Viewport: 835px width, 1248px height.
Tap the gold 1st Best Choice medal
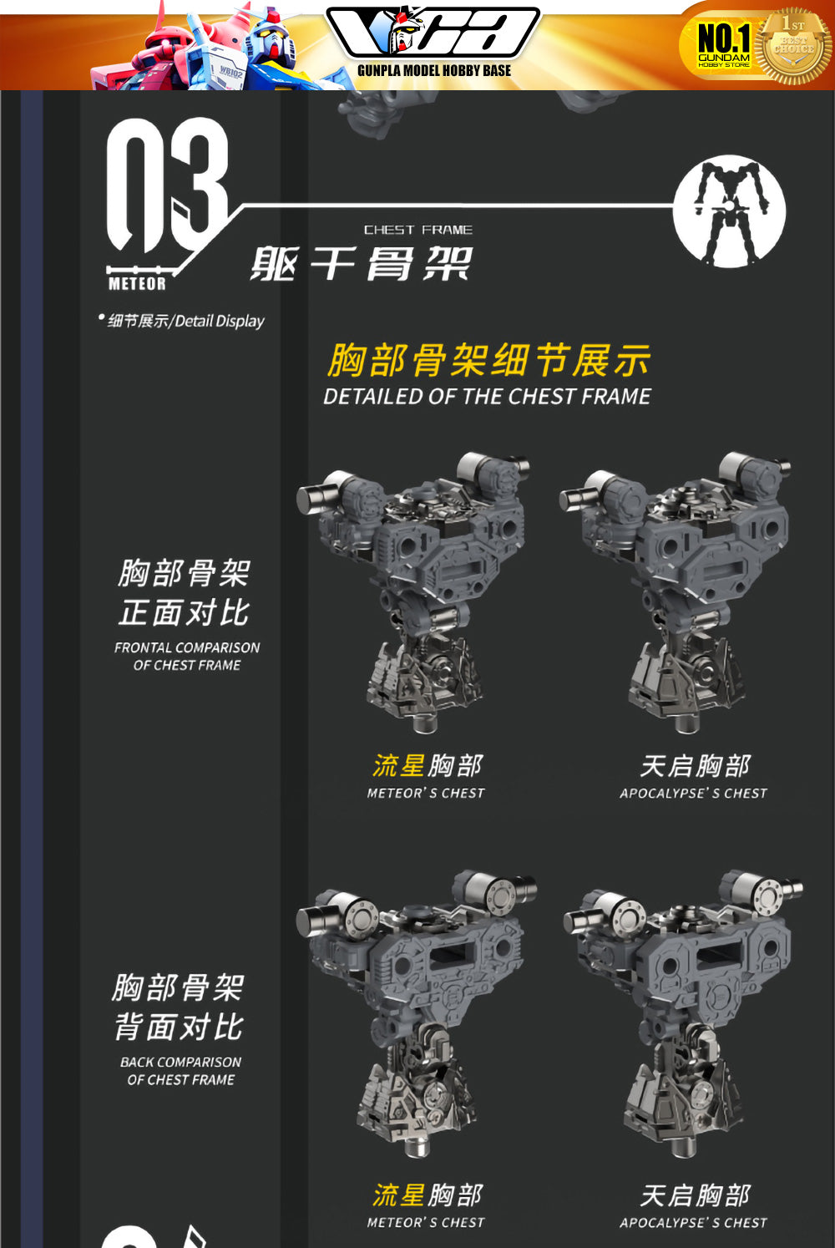pos(794,46)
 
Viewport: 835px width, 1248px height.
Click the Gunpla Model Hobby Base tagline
pos(434,71)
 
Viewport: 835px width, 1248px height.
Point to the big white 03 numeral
pos(167,185)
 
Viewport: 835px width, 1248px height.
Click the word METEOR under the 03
pos(137,284)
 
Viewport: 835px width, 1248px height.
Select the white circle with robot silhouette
pos(729,211)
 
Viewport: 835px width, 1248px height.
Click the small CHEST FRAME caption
pos(417,230)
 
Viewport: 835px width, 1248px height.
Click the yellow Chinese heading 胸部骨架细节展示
pos(488,361)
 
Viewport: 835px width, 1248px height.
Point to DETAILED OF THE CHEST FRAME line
pos(487,396)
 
